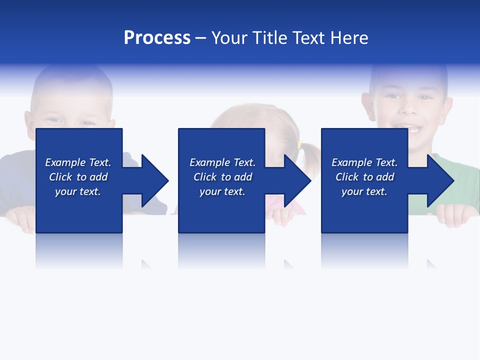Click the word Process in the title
point(157,38)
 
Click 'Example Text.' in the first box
point(78,162)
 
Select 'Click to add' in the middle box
point(222,177)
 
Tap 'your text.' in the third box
point(364,191)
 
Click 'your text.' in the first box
point(78,191)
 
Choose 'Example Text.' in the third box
point(364,162)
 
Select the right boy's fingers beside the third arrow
point(455,215)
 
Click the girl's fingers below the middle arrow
point(282,215)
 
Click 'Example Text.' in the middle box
point(222,162)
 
